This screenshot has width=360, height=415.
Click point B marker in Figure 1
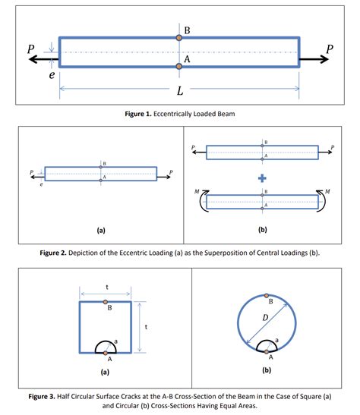[x=179, y=36]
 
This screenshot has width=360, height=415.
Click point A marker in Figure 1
[x=179, y=67]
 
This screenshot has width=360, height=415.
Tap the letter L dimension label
[x=179, y=92]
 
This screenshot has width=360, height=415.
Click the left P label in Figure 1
[x=30, y=47]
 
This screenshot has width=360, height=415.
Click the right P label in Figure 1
[x=329, y=49]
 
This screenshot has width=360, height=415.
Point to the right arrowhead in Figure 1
[x=325, y=59]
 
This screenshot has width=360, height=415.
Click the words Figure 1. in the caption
[x=143, y=114]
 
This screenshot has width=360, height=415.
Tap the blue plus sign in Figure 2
[x=263, y=179]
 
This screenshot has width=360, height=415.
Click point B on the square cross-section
[x=106, y=302]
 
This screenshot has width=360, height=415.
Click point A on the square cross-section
[x=106, y=354]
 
